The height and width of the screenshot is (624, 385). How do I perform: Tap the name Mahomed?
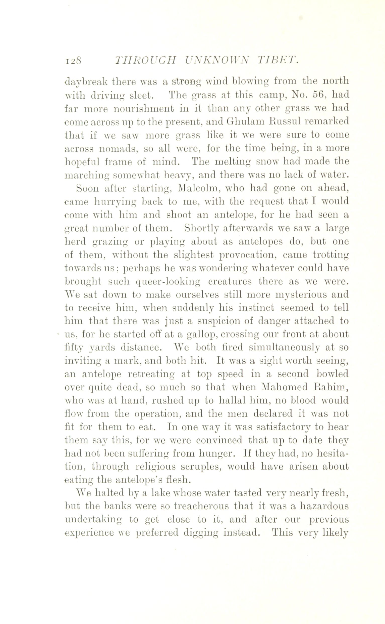pos(285,388)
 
